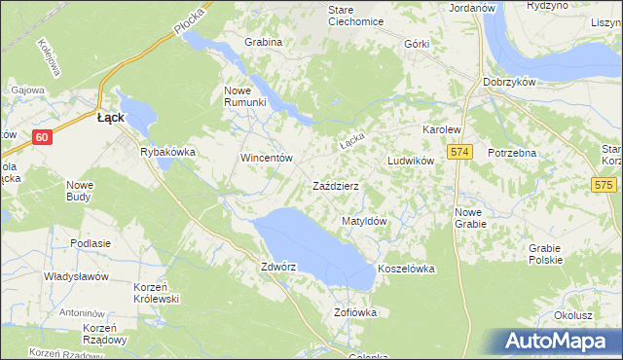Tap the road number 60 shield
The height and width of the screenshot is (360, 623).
click(40, 137)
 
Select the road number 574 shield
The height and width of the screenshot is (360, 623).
click(460, 153)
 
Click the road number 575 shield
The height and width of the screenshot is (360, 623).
click(605, 184)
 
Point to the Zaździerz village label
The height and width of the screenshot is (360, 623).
click(336, 186)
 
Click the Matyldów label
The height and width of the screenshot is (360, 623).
click(365, 222)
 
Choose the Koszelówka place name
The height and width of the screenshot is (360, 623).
click(405, 269)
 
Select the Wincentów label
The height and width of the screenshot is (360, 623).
click(267, 158)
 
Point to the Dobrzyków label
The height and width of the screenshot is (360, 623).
click(509, 83)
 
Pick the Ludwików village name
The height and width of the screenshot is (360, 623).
click(410, 161)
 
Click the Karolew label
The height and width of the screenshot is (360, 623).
click(440, 129)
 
